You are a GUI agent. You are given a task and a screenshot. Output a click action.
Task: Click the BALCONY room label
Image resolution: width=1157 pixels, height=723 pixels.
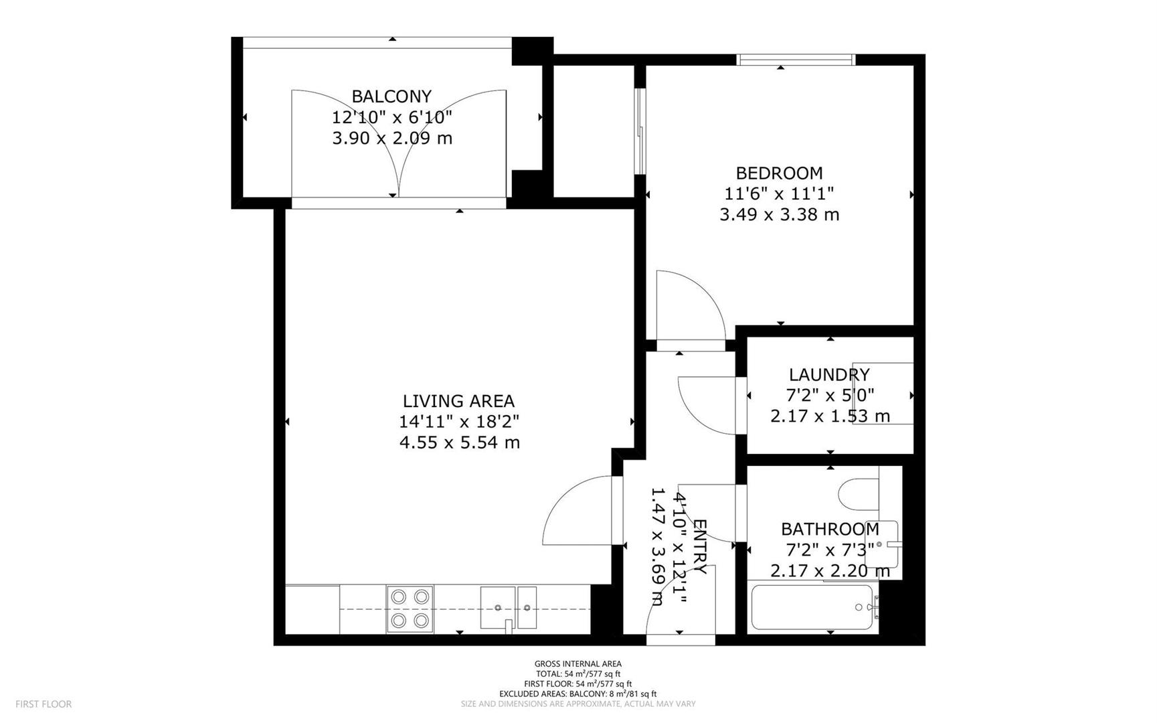391,96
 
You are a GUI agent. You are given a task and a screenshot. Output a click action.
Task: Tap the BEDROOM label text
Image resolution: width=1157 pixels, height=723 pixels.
779,173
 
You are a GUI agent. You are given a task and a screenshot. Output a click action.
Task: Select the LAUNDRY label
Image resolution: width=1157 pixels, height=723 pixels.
829,375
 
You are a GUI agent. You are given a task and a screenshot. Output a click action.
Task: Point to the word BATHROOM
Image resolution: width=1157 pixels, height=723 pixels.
830,530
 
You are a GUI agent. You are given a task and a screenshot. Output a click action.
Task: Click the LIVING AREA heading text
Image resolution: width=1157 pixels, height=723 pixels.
458,401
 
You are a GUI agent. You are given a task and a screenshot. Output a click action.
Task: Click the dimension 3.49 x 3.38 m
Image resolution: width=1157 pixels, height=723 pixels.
779,215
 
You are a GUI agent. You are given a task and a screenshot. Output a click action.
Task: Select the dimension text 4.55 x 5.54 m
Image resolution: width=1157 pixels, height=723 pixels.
459,443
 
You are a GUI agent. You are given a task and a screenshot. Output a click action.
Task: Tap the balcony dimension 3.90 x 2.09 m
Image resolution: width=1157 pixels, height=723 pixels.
392,139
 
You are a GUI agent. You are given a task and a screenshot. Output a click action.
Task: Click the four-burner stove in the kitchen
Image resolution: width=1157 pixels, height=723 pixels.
410,609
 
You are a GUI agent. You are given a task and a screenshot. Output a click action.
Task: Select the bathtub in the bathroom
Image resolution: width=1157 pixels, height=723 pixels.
812,607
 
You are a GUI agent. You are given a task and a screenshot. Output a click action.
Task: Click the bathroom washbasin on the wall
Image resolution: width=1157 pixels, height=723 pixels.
883,544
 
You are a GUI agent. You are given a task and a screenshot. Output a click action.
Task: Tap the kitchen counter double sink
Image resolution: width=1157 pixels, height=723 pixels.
508,607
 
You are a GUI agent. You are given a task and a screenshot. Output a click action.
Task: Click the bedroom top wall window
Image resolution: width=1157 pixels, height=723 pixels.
796,60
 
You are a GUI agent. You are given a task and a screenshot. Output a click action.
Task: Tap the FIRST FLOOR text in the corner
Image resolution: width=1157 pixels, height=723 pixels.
43,704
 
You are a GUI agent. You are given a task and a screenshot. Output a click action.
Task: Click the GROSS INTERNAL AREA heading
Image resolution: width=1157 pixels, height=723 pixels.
577,664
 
